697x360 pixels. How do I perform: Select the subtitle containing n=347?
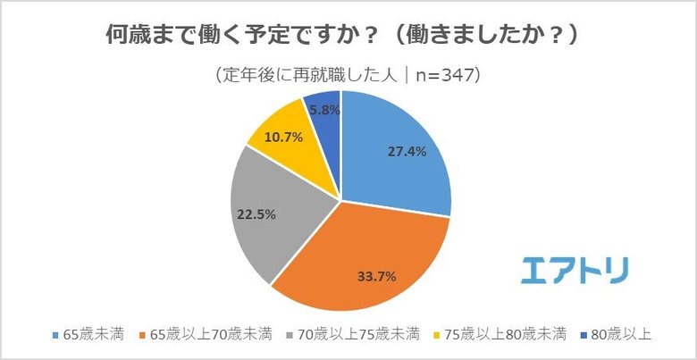click(x=348, y=75)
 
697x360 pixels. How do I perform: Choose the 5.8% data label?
click(x=322, y=109)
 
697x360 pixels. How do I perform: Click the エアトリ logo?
click(x=574, y=269)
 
